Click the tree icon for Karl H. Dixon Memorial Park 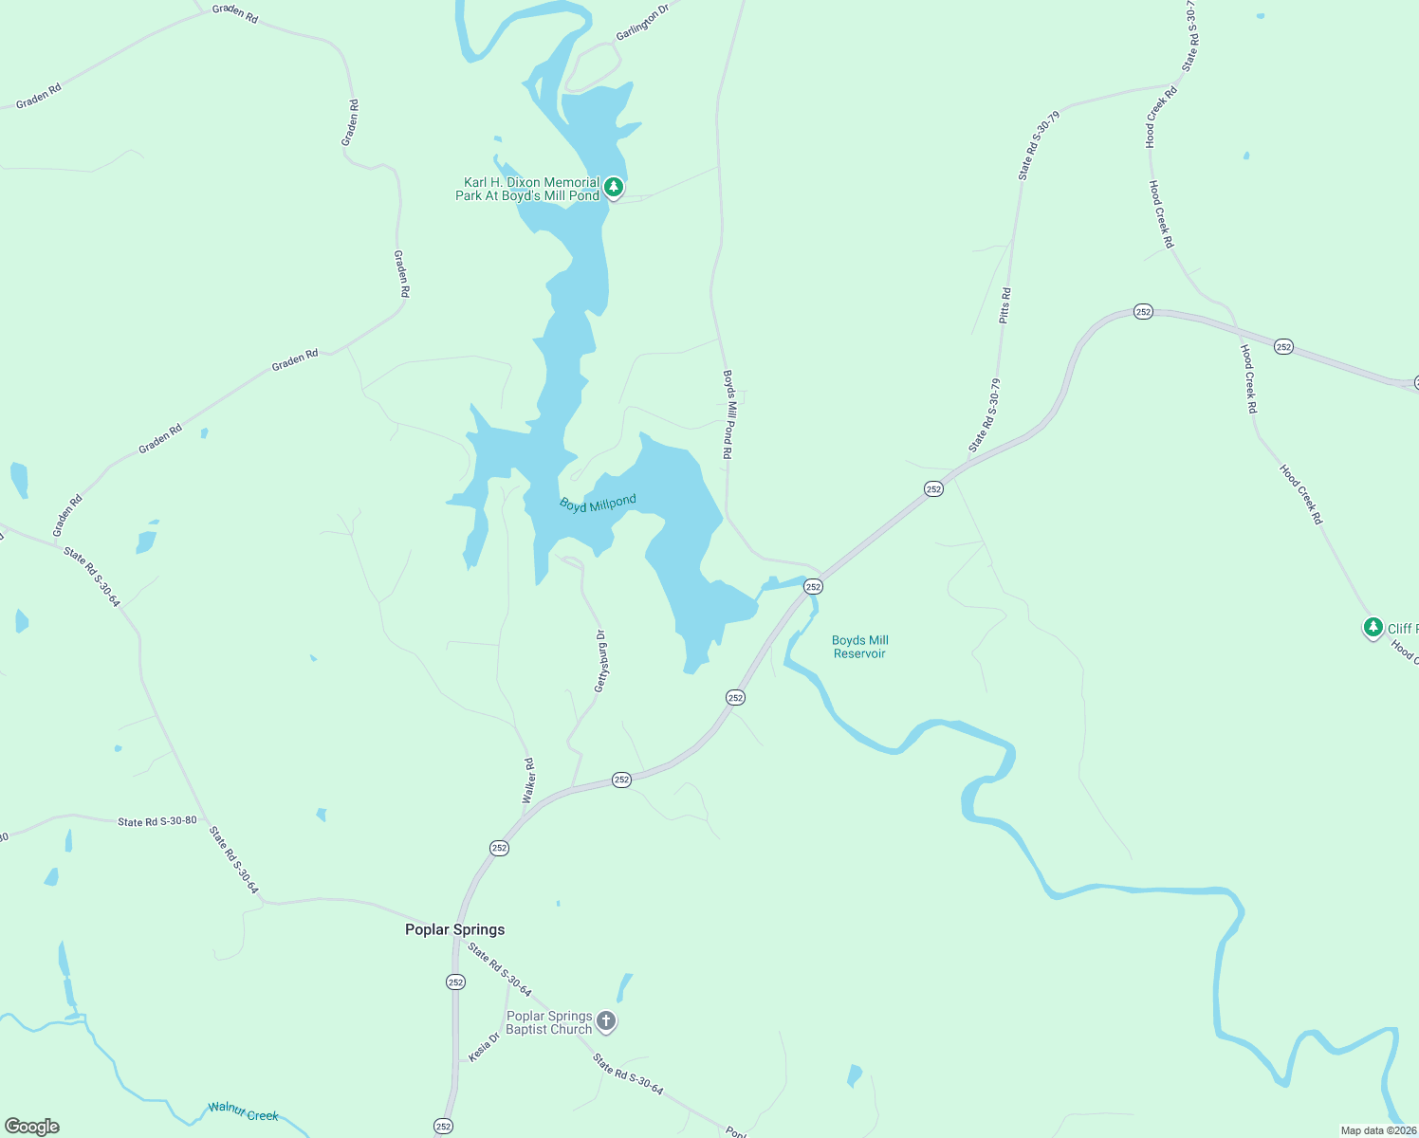614,187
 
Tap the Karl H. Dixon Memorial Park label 527,189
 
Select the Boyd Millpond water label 598,504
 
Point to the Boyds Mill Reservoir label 860,647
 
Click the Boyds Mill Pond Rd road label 728,414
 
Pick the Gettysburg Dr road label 600,661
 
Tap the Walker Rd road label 529,780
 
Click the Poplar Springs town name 454,929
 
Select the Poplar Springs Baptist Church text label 549,1022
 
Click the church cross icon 606,1021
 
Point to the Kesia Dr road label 484,1047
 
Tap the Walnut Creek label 244,1111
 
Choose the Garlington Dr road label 642,22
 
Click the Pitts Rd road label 1005,306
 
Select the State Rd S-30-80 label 157,821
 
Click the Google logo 32,1127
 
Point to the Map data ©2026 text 1378,1130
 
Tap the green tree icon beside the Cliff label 1373,627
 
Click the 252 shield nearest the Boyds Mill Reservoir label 813,587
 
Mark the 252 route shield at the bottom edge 443,1126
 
